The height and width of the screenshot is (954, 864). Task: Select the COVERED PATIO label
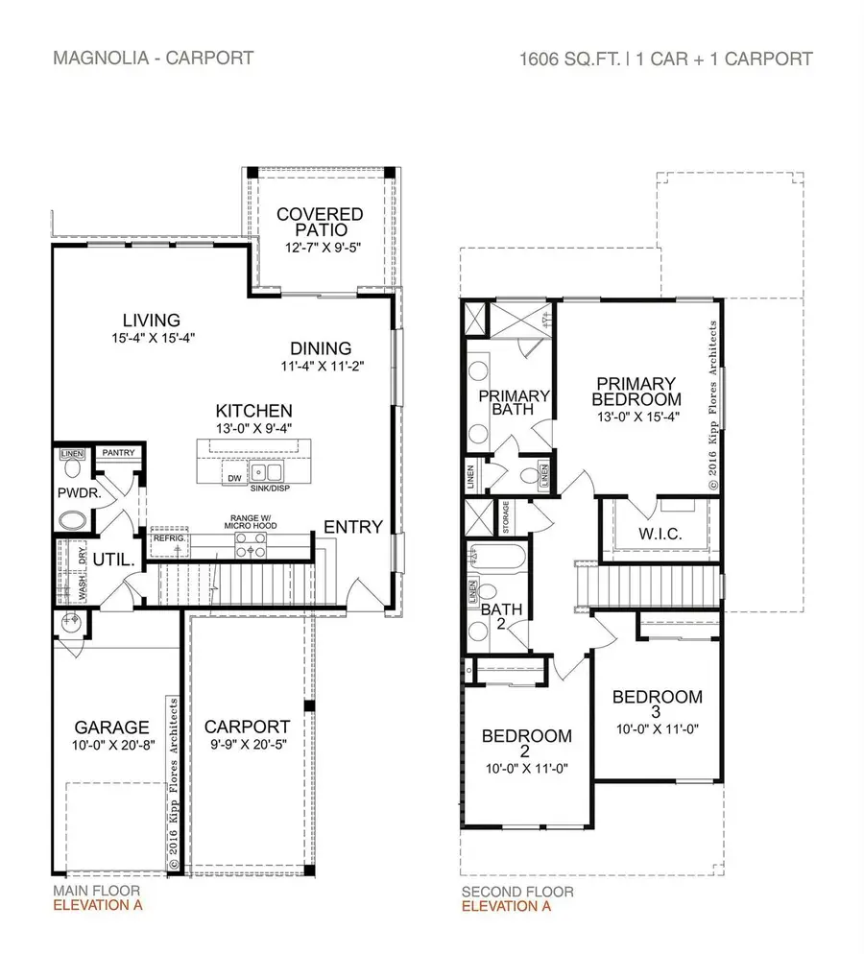click(320, 222)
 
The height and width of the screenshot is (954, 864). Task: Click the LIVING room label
click(152, 320)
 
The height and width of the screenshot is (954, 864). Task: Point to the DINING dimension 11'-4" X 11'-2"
click(322, 366)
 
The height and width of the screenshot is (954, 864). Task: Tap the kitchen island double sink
click(267, 473)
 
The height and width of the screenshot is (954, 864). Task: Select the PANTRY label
click(118, 453)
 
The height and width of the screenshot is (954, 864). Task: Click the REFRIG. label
click(167, 539)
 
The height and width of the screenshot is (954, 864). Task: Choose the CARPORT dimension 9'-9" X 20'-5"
click(247, 744)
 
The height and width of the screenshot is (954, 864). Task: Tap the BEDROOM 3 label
click(657, 704)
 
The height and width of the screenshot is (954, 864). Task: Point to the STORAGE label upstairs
click(506, 518)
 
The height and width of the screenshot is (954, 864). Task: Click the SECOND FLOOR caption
click(517, 892)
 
